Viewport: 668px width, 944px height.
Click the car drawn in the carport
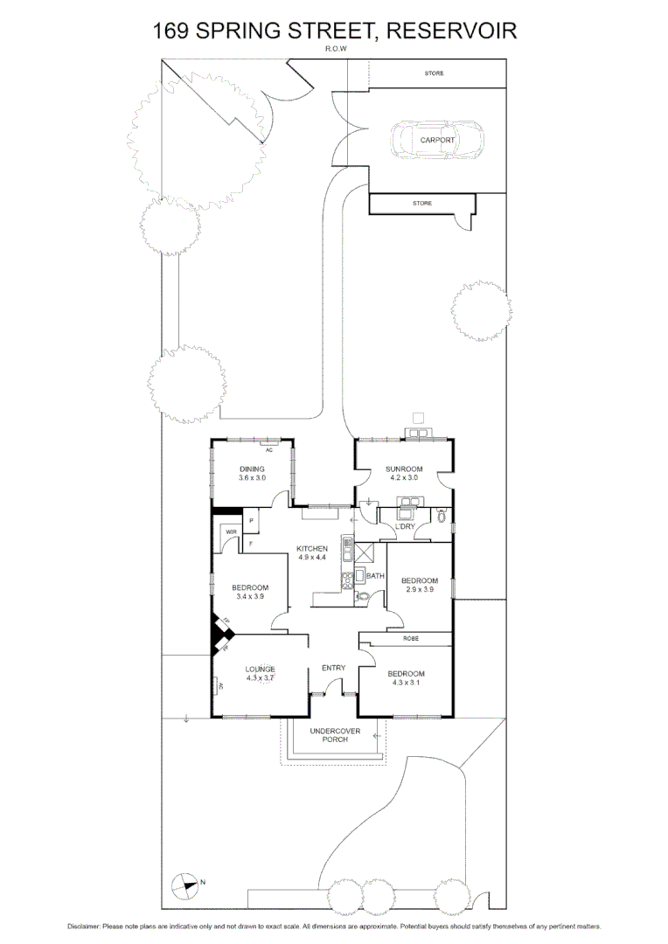point(436,140)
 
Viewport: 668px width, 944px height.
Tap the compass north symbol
point(185,885)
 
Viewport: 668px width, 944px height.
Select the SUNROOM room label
point(404,469)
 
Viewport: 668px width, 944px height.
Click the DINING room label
point(252,469)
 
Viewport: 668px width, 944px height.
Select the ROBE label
point(411,639)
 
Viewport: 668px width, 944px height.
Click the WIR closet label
point(232,531)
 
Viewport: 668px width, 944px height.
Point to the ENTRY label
point(334,669)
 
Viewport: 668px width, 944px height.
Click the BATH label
point(376,576)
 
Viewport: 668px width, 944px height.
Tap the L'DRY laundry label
point(405,526)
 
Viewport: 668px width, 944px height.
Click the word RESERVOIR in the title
point(451,31)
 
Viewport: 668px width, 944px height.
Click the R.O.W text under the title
point(336,50)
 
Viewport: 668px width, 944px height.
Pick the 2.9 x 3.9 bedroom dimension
point(419,590)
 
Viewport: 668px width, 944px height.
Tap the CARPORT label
point(437,140)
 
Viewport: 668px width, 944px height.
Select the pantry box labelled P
point(252,522)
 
